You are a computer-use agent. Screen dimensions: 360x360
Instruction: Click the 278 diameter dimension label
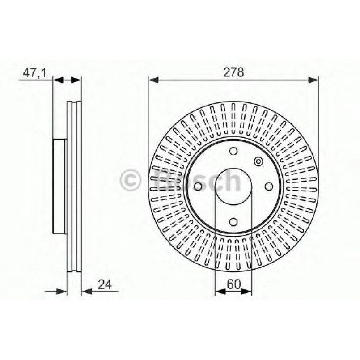point(234,73)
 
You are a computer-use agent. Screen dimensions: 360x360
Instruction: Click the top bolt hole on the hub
point(233,151)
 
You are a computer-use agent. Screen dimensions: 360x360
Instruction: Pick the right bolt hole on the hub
point(268,186)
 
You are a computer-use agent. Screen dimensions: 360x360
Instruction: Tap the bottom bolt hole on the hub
point(233,221)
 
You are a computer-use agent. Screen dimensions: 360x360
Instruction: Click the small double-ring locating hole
point(258,161)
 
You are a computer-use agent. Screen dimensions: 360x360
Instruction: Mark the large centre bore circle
point(233,186)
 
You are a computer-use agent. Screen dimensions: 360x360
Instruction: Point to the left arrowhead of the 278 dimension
point(152,80)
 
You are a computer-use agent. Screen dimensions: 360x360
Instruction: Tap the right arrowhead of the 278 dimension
point(314,80)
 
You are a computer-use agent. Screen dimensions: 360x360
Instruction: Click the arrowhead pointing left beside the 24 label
point(86,291)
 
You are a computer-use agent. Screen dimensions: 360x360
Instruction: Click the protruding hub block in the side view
point(59,186)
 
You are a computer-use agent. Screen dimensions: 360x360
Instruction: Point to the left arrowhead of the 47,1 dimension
point(57,80)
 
